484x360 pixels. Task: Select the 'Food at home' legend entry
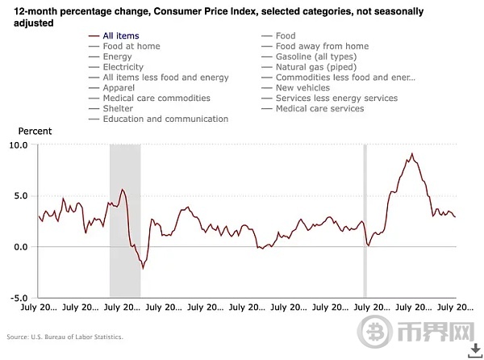[131, 46]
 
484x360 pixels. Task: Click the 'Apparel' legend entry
[120, 88]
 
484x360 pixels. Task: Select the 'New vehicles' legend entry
[302, 88]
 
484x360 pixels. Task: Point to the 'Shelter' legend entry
[119, 109]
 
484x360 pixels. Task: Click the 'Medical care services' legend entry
[319, 109]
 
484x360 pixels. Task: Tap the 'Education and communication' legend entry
[165, 119]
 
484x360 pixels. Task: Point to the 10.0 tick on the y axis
[18, 145]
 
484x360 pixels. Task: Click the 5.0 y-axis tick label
[21, 196]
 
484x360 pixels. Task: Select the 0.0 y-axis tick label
[21, 247]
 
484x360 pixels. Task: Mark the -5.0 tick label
[19, 298]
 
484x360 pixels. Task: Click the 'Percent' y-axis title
[35, 131]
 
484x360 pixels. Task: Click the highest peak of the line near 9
[412, 154]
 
